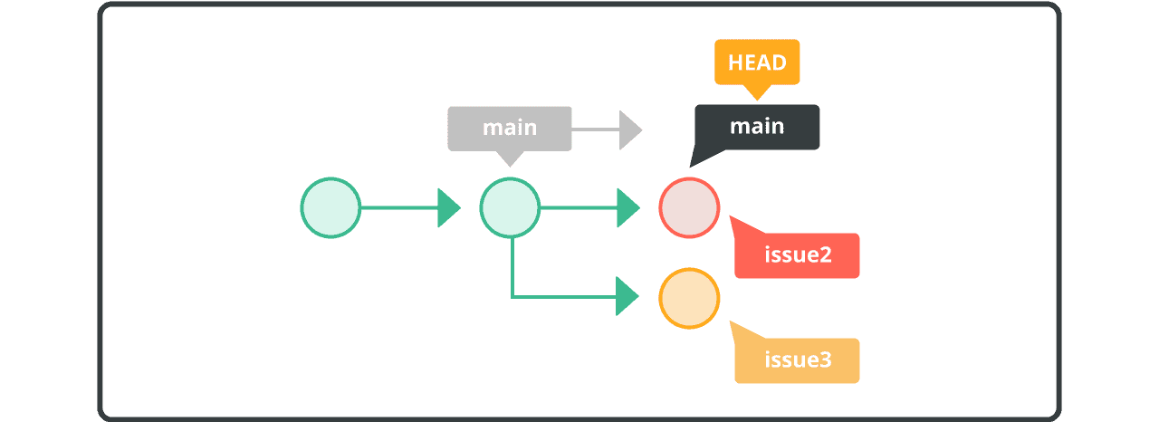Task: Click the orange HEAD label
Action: pyautogui.click(x=757, y=62)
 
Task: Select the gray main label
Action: pyautogui.click(x=510, y=128)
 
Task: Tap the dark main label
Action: pyautogui.click(x=757, y=127)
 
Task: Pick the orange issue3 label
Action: pyautogui.click(x=797, y=360)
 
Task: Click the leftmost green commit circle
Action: pyautogui.click(x=330, y=207)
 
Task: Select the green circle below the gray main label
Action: pyautogui.click(x=510, y=207)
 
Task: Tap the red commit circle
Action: pyautogui.click(x=689, y=207)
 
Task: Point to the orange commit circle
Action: pyautogui.click(x=689, y=297)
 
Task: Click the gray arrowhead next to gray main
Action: pyautogui.click(x=629, y=130)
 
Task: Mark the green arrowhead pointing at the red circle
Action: pyautogui.click(x=627, y=207)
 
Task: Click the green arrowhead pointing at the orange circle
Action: pyautogui.click(x=627, y=296)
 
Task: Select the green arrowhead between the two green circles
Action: pyautogui.click(x=448, y=207)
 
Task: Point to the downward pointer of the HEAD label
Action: pyautogui.click(x=756, y=91)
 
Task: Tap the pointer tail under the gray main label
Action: pyautogui.click(x=511, y=158)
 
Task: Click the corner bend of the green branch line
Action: pyautogui.click(x=512, y=296)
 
